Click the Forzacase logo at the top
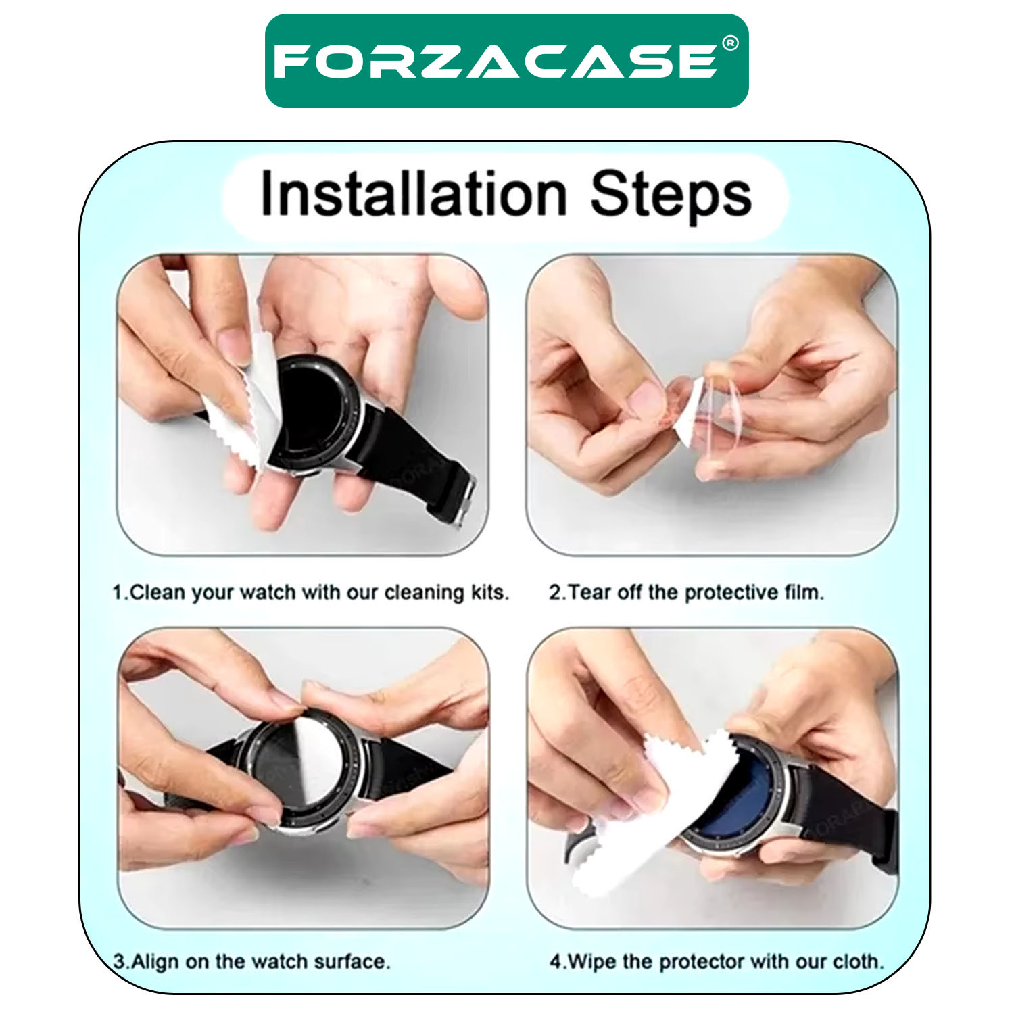(506, 61)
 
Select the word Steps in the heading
(671, 196)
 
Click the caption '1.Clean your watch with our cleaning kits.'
(310, 593)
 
